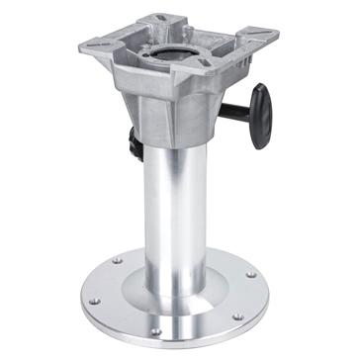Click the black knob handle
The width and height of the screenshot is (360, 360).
[260, 114]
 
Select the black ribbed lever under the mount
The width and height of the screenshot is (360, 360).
[133, 145]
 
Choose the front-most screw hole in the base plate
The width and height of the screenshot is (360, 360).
[156, 330]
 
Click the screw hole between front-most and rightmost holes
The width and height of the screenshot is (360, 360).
[238, 316]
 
